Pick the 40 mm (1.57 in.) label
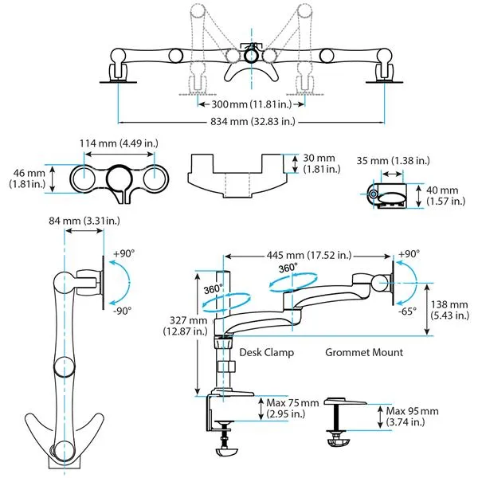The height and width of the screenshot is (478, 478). pos(447,196)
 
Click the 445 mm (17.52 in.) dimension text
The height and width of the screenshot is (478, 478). pos(308,256)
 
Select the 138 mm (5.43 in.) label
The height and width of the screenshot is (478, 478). pos(447,311)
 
